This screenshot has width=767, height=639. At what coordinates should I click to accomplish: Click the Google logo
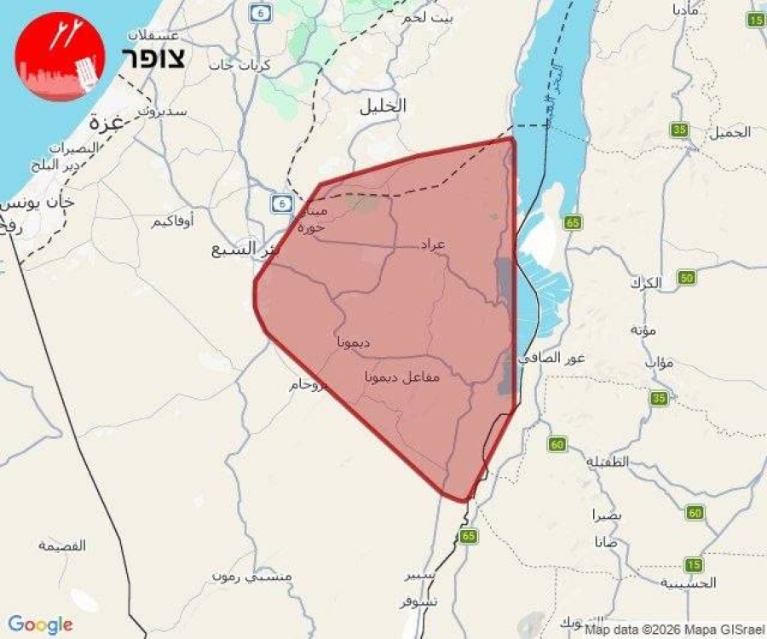[40, 625]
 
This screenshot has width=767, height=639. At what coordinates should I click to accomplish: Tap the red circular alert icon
[60, 56]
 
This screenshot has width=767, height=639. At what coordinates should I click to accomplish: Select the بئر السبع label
[245, 249]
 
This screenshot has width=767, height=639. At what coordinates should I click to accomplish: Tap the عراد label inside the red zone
[433, 245]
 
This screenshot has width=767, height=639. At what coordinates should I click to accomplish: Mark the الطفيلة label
[608, 461]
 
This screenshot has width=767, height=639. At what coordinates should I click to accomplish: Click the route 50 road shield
[687, 278]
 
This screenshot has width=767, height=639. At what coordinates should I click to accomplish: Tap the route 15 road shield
[694, 564]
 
